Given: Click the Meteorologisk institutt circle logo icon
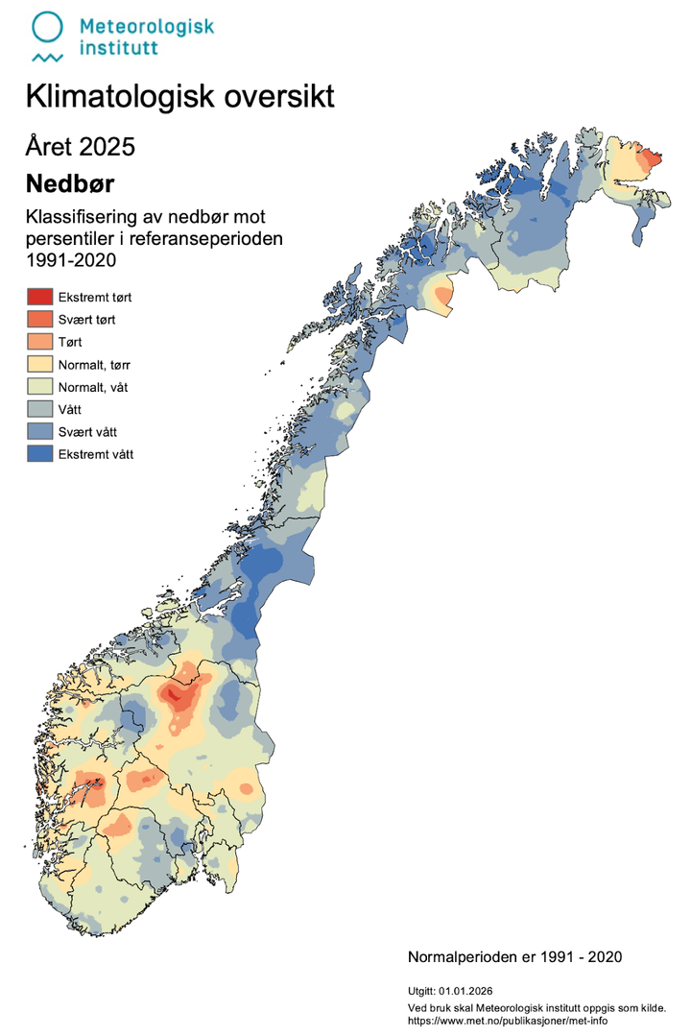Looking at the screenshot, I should [x=48, y=29].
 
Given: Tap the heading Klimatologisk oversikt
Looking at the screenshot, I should [x=179, y=97].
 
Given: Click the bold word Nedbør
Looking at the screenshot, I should [x=70, y=183].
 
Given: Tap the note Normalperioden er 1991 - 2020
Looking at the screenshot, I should [x=515, y=957].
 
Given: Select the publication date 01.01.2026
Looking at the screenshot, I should [x=465, y=990].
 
